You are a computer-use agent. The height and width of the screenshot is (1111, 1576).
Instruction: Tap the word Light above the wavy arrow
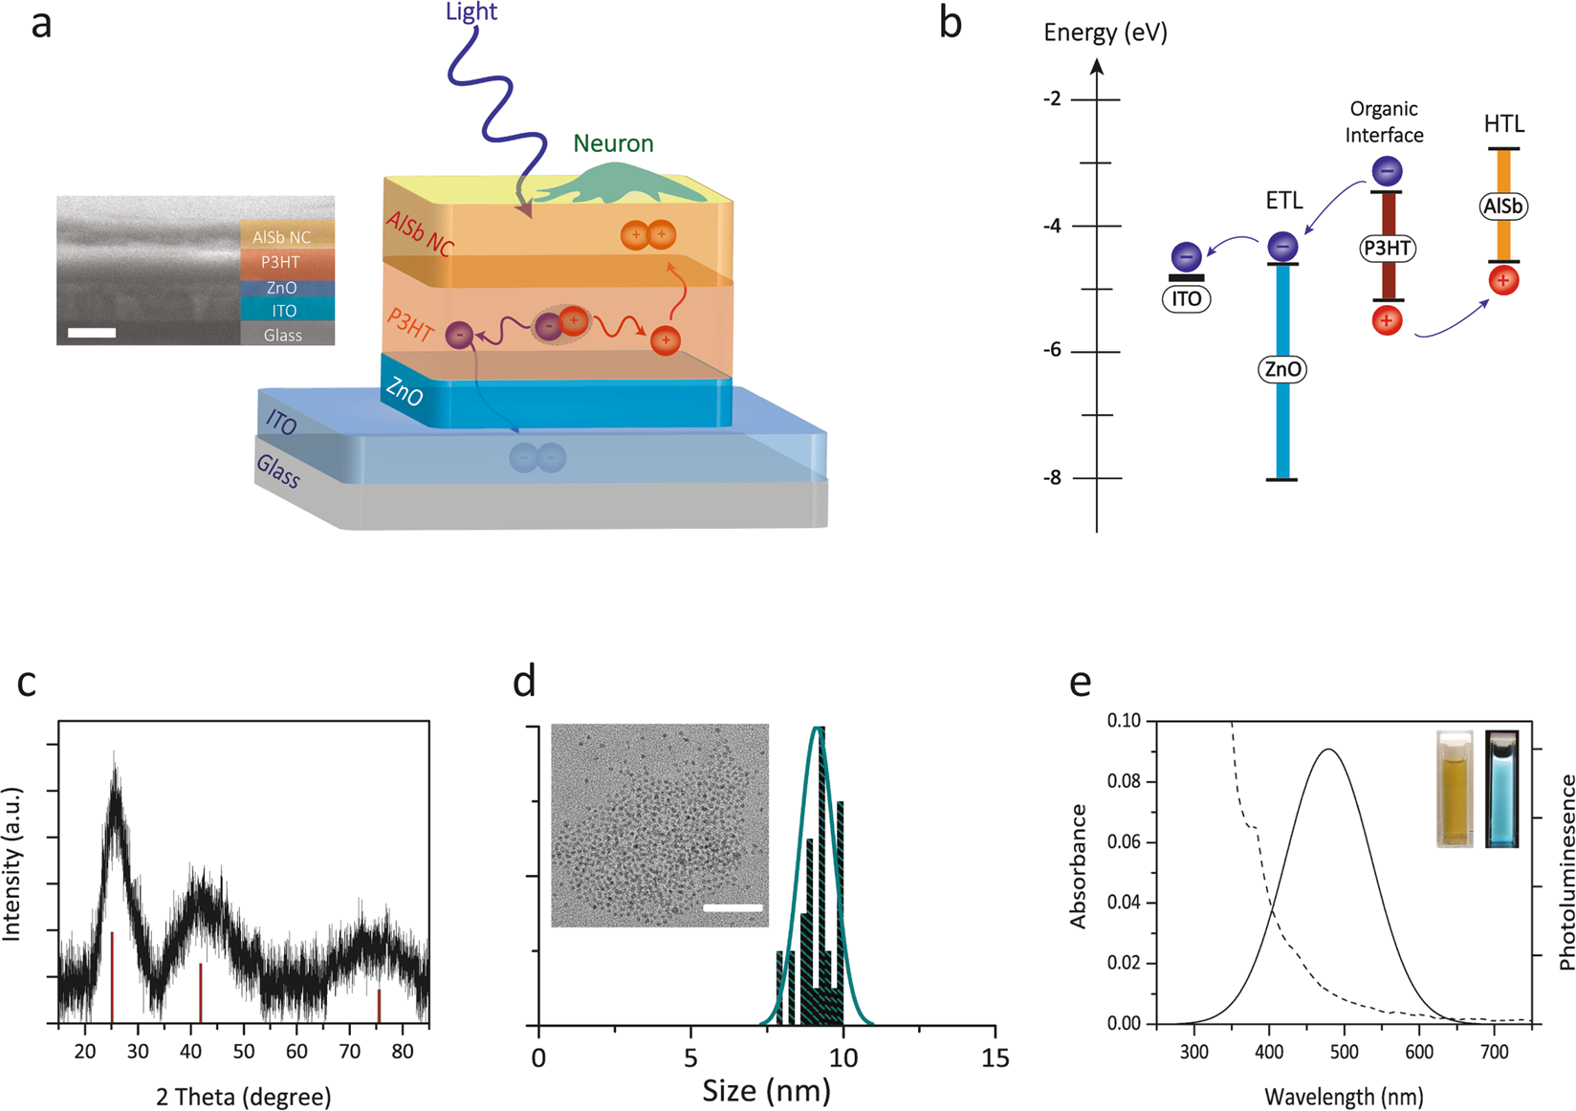[x=471, y=12]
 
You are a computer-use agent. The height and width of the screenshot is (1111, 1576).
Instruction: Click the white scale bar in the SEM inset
[x=92, y=333]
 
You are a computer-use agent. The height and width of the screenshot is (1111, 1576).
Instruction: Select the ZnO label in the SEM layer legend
[x=282, y=288]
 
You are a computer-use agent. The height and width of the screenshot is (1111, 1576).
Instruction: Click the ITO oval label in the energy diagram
[x=1186, y=299]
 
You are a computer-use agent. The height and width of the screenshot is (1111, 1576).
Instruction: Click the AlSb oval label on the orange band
[x=1503, y=207]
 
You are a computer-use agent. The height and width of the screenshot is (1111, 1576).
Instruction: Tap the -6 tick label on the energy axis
[x=1052, y=351]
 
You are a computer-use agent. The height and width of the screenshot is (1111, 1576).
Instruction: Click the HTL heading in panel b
[x=1504, y=124]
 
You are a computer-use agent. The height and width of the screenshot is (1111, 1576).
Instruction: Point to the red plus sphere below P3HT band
[x=1387, y=320]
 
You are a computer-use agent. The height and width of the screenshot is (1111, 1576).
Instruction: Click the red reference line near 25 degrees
[x=113, y=975]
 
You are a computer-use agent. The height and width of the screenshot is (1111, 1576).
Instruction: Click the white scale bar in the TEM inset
[x=733, y=907]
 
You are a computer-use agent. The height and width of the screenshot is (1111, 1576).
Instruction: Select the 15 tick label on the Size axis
[x=995, y=1058]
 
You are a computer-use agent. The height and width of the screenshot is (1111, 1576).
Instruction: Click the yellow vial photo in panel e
[x=1455, y=789]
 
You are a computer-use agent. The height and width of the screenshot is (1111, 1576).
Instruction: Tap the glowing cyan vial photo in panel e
[x=1501, y=789]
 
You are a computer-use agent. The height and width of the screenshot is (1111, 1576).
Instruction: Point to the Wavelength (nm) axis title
[x=1343, y=1097]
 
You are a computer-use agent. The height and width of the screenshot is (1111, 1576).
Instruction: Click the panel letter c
[x=27, y=683]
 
